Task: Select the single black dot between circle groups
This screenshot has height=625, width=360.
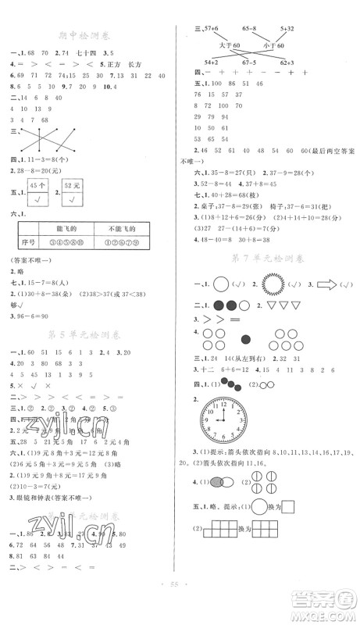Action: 246,339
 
